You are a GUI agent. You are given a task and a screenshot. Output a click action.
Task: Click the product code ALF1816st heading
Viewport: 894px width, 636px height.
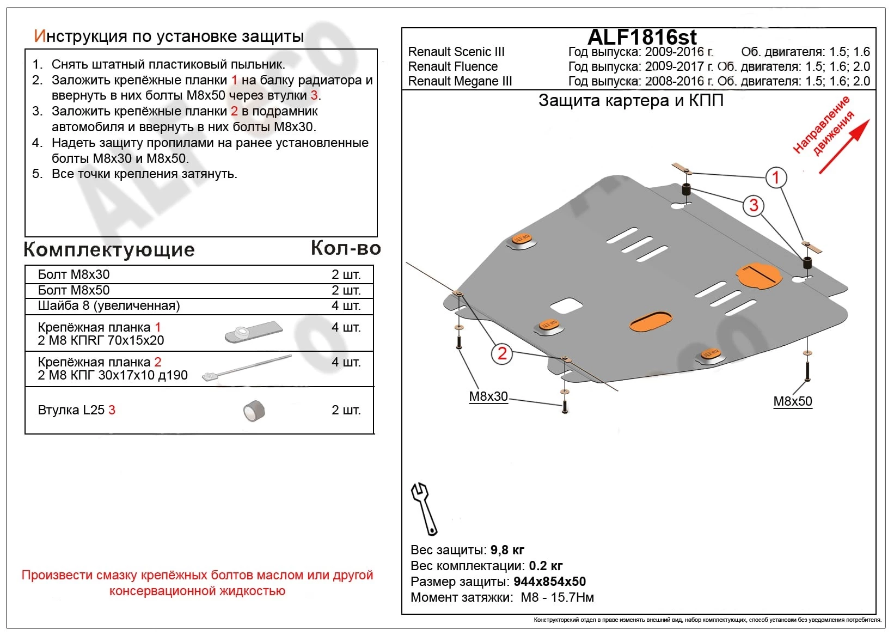pyautogui.click(x=642, y=37)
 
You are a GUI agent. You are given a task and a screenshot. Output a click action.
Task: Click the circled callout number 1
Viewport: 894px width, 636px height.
pyautogui.click(x=776, y=177)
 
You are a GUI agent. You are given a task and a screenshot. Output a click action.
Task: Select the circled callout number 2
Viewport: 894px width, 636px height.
pyautogui.click(x=501, y=353)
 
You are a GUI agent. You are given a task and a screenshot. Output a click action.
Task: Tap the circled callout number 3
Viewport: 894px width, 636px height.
pyautogui.click(x=754, y=205)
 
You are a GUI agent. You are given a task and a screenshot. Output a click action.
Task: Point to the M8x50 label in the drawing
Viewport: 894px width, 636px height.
pyautogui.click(x=792, y=401)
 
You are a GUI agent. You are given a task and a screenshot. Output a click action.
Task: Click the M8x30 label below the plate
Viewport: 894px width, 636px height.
pyautogui.click(x=488, y=396)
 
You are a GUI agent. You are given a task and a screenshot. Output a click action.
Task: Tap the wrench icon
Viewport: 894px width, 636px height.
pyautogui.click(x=424, y=509)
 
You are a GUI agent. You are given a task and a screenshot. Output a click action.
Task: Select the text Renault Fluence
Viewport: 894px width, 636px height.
pyautogui.click(x=452, y=66)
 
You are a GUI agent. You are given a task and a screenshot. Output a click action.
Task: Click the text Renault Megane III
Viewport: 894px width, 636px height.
pyautogui.click(x=460, y=81)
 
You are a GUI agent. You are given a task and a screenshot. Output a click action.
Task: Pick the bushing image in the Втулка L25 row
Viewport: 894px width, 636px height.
pyautogui.click(x=254, y=411)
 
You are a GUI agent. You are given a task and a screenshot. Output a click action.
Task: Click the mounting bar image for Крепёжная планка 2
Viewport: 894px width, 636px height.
pyautogui.click(x=247, y=368)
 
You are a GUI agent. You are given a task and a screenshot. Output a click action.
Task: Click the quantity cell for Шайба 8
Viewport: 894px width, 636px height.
pyautogui.click(x=346, y=305)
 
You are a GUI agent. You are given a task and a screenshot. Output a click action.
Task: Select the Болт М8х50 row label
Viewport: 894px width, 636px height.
pyautogui.click(x=74, y=290)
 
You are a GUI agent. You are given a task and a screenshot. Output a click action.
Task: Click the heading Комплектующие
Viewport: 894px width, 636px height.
pyautogui.click(x=109, y=249)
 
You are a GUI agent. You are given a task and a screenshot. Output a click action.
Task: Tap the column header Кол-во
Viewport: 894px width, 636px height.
pyautogui.click(x=345, y=248)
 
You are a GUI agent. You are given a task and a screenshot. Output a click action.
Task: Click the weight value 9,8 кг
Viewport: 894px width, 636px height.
pyautogui.click(x=507, y=550)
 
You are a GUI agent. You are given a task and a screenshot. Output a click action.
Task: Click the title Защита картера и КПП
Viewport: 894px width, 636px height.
pyautogui.click(x=630, y=101)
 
